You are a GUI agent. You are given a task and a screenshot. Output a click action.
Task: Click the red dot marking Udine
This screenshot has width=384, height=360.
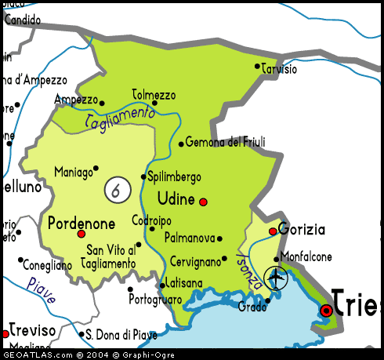(x=203, y=202)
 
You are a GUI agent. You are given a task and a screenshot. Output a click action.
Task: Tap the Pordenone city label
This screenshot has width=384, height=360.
(x=82, y=223)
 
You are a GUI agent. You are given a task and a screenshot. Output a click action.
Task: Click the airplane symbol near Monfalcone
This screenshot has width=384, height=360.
(x=276, y=277)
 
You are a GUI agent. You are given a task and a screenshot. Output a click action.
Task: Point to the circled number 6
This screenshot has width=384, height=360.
(x=116, y=189)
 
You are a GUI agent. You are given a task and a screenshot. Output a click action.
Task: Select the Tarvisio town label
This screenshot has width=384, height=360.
(x=280, y=69)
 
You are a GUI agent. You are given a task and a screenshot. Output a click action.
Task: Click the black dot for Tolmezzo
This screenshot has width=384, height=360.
(x=154, y=103)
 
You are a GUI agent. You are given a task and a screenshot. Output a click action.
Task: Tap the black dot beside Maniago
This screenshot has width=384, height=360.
(x=96, y=167)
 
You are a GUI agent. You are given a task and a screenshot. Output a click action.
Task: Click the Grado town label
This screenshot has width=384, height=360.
(x=252, y=307)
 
